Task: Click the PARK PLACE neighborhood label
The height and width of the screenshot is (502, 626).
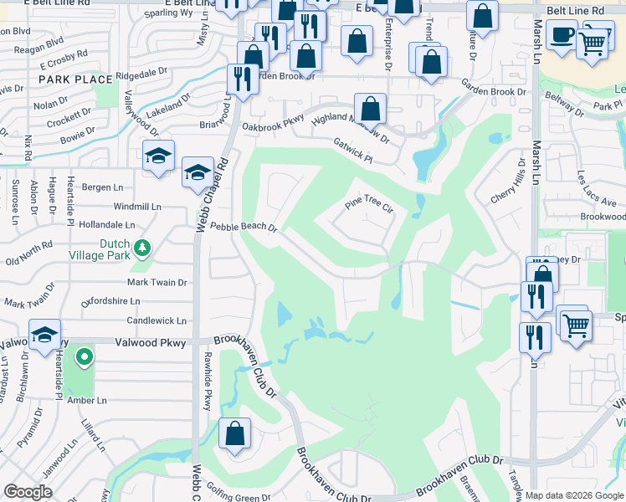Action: pyautogui.click(x=75, y=79)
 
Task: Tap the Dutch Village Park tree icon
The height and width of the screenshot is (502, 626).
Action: pyautogui.click(x=143, y=248)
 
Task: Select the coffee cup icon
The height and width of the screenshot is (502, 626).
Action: pyautogui.click(x=561, y=34)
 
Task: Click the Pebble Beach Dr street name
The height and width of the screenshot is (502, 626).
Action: pyautogui.click(x=243, y=227)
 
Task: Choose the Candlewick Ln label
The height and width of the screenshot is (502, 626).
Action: pyautogui.click(x=156, y=320)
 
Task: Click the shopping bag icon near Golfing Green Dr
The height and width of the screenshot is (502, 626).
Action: pyautogui.click(x=235, y=433)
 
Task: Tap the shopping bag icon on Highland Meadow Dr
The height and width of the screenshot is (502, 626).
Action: pyautogui.click(x=370, y=109)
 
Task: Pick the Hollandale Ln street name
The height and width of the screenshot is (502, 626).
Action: pyautogui.click(x=106, y=225)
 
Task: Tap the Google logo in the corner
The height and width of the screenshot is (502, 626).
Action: pyautogui.click(x=28, y=492)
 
